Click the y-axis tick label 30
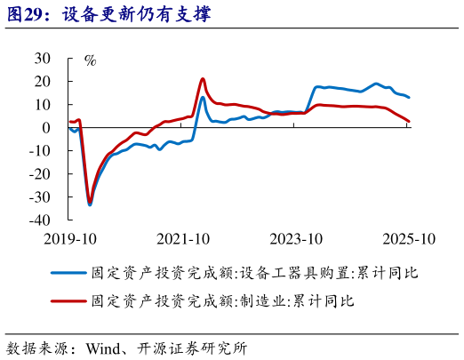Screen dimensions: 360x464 (43, 58)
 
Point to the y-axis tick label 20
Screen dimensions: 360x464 (43, 81)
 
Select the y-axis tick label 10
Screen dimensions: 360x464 (43, 104)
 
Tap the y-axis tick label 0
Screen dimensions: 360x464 (47, 127)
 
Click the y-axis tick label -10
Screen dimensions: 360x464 (40, 150)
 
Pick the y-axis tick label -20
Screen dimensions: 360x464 (40, 173)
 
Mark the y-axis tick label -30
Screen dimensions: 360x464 (40, 196)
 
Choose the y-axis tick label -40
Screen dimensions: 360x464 (40, 220)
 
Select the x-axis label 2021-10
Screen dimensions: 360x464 (182, 238)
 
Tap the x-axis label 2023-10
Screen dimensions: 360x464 (295, 238)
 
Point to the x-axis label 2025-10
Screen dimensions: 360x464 (408, 238)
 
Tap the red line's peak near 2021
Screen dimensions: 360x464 (203, 79)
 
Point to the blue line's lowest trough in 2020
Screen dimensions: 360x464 (90, 205)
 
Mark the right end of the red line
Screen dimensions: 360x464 (409, 121)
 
